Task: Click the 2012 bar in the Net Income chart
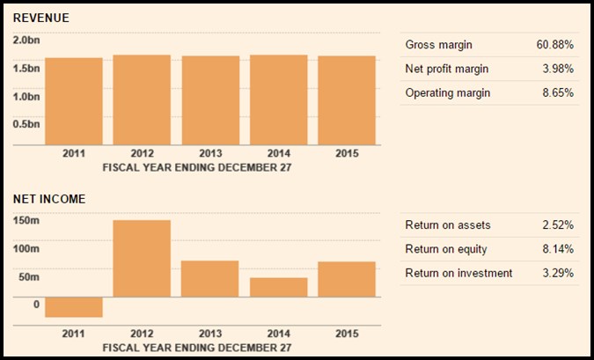point(142,259)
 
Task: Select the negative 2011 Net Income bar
point(74,307)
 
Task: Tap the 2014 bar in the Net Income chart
point(278,287)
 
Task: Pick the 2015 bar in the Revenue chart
point(347,100)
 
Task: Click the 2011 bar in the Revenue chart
point(74,101)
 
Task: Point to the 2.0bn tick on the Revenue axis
point(26,40)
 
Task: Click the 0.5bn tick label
point(26,124)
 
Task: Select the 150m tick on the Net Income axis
point(26,220)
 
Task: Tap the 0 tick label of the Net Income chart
point(36,305)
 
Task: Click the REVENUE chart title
point(40,18)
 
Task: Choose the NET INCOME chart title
point(49,199)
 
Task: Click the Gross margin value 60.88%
point(555,45)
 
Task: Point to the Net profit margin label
point(447,69)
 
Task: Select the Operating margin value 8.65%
point(558,92)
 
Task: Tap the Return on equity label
point(446,249)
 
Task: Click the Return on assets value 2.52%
point(558,225)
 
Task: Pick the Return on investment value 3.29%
point(558,273)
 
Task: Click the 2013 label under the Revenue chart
point(210,153)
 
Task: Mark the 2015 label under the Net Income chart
point(347,334)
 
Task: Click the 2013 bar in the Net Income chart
point(209,278)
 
